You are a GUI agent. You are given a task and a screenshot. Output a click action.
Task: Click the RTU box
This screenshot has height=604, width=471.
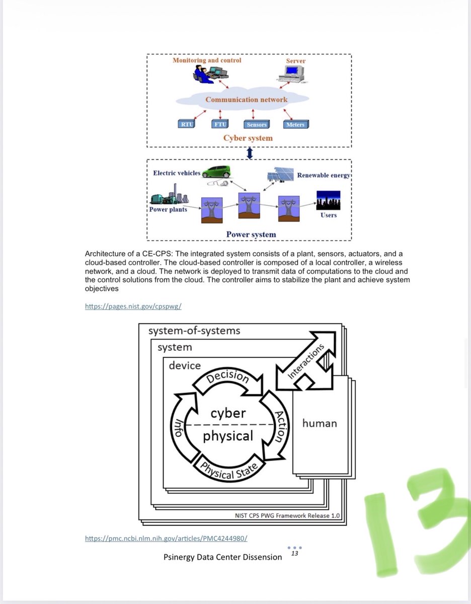pos(187,124)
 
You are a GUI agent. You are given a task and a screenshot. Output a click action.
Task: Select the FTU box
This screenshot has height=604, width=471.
pos(220,124)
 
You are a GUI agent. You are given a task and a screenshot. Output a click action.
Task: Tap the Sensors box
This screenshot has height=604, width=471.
pos(257,124)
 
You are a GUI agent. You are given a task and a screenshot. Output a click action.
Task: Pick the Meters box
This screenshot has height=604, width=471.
pos(296,124)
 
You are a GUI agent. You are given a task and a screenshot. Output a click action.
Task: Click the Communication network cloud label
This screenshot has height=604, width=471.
pos(246,100)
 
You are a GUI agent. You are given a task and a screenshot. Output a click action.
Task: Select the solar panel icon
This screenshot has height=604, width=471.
pos(280,175)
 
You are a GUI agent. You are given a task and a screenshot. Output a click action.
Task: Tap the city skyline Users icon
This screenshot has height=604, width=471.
pos(328,200)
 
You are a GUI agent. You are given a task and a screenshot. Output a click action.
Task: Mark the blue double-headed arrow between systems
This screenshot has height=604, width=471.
pos(250,153)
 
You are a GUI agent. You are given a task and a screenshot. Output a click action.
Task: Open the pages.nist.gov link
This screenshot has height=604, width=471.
pos(133,307)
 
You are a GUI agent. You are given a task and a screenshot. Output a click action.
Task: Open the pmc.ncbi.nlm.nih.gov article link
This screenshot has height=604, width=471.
pos(166,538)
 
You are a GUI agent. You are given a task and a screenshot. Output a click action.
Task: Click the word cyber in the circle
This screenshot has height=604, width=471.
pos(228,413)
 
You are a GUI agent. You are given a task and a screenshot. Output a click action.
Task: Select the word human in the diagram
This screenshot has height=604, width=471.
pos(320,423)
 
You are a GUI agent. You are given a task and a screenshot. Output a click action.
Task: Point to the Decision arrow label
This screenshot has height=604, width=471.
pos(227,376)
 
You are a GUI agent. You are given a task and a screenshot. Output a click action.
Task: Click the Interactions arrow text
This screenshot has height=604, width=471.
pos(305,361)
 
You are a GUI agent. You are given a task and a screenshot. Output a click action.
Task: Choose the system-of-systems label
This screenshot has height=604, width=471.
pos(194,331)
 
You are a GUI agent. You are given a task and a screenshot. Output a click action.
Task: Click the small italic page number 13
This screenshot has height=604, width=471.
pos(294,553)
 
